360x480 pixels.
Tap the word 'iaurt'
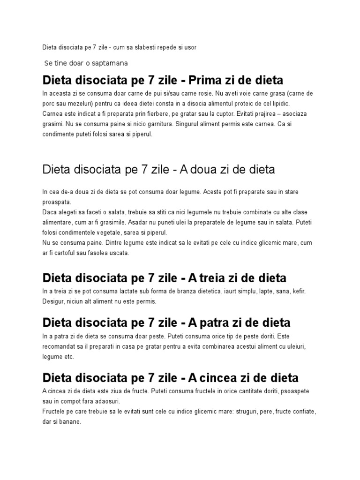click(227, 292)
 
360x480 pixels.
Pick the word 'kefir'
click(298, 292)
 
